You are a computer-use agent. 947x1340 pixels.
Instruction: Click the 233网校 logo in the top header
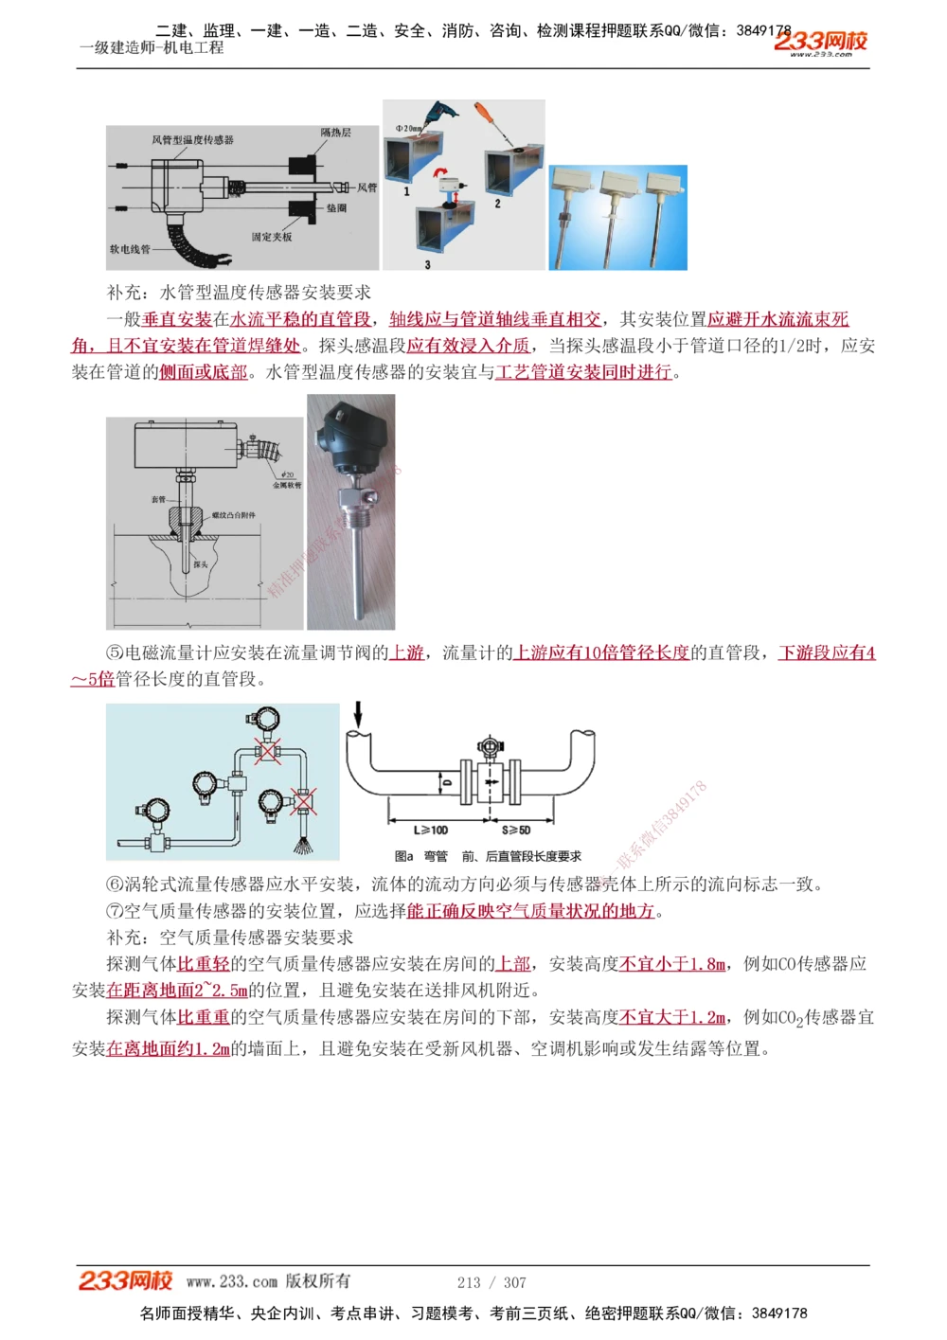pyautogui.click(x=820, y=42)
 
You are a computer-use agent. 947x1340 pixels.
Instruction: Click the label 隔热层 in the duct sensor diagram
pyautogui.click(x=335, y=133)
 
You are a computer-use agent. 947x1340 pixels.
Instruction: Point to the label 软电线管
pyautogui.click(x=130, y=249)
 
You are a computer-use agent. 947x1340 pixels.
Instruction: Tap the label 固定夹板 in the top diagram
pyautogui.click(x=272, y=237)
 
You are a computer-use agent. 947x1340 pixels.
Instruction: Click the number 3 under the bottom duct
pyautogui.click(x=427, y=264)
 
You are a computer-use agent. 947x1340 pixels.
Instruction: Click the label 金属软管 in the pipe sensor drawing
pyautogui.click(x=287, y=485)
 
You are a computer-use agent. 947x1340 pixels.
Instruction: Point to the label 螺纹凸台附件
pyautogui.click(x=233, y=515)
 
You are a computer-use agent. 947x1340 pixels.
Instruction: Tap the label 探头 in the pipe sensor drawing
pyautogui.click(x=201, y=564)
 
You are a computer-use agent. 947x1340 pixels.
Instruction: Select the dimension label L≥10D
pyautogui.click(x=432, y=830)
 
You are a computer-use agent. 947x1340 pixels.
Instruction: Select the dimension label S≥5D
pyautogui.click(x=516, y=830)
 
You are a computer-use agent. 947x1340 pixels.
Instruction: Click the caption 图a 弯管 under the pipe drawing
pyautogui.click(x=421, y=856)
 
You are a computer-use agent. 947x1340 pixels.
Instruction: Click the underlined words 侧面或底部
pyautogui.click(x=203, y=372)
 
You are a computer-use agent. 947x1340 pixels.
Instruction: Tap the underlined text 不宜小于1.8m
pyautogui.click(x=672, y=964)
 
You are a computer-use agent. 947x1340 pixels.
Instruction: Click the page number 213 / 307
pyautogui.click(x=491, y=1282)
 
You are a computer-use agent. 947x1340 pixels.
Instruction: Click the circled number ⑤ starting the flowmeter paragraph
pyautogui.click(x=115, y=652)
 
